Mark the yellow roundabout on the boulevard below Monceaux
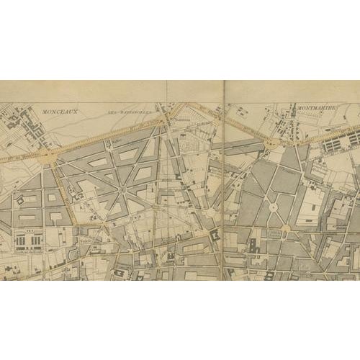pos(48,155)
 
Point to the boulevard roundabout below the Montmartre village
pos(271,144)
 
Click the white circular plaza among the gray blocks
pos(273,207)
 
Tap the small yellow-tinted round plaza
pos(286,229)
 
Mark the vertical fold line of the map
pos(223,180)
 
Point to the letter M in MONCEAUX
pos(45,112)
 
